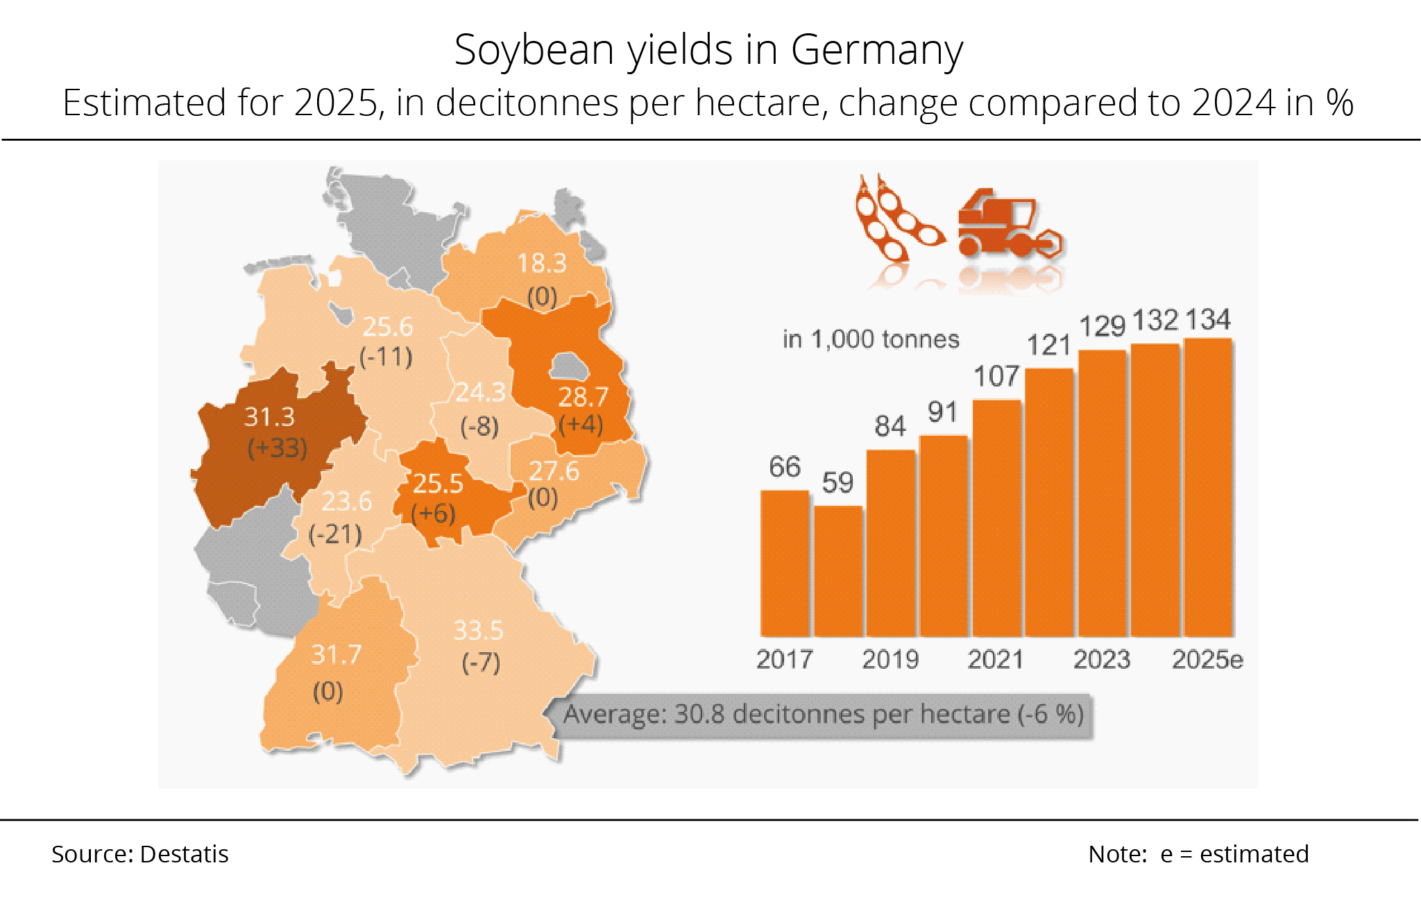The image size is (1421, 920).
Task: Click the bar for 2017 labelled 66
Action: click(x=785, y=563)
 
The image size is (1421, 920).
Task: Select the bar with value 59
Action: click(x=838, y=571)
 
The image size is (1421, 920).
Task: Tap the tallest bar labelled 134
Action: click(x=1208, y=487)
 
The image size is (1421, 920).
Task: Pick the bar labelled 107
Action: click(x=997, y=518)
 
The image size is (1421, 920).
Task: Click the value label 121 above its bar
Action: click(x=1048, y=345)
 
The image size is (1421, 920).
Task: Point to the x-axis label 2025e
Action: click(x=1207, y=659)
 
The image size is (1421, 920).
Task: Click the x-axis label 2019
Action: click(x=890, y=659)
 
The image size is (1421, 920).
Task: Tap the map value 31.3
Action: click(x=269, y=417)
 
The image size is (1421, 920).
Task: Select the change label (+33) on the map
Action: click(x=278, y=448)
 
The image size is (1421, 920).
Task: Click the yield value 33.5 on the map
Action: click(x=478, y=631)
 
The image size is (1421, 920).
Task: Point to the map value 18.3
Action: click(x=542, y=264)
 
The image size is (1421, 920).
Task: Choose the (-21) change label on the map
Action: click(x=335, y=534)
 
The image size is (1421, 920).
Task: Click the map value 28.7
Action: click(x=583, y=397)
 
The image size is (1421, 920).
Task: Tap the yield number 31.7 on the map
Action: click(x=336, y=654)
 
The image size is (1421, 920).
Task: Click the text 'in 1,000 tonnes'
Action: click(x=871, y=339)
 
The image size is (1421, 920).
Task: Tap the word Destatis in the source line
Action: click(x=184, y=854)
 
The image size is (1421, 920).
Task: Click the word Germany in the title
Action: click(x=876, y=50)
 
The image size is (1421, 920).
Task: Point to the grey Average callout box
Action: click(x=822, y=715)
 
